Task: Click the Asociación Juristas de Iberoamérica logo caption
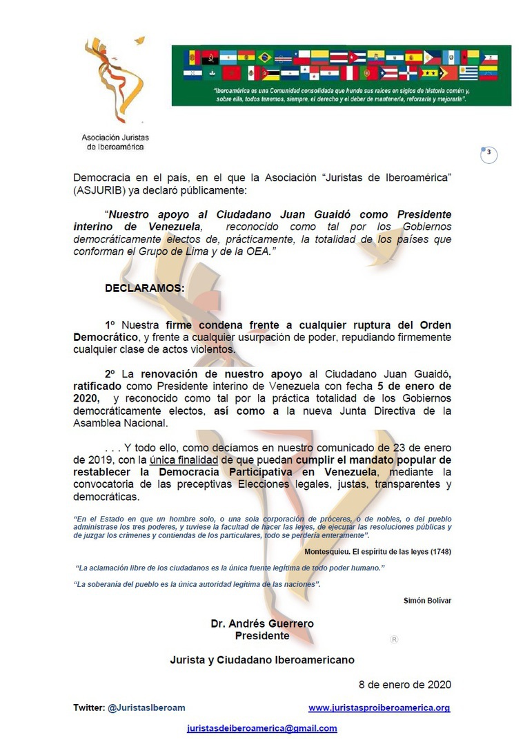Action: [115, 142]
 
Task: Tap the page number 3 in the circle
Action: [489, 154]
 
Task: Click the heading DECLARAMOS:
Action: [145, 288]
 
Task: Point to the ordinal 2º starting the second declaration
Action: [110, 373]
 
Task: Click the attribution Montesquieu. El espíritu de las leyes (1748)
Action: [377, 551]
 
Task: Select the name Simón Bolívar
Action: [427, 600]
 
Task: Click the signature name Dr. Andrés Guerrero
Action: [262, 623]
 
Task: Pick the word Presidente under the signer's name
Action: [262, 635]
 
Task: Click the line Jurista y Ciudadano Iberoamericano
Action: [262, 659]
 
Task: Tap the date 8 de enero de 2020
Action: [405, 684]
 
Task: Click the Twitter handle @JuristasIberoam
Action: [146, 707]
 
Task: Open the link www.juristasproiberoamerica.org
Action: [379, 707]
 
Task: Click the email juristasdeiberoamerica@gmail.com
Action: [262, 728]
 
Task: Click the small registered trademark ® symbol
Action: [394, 639]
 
